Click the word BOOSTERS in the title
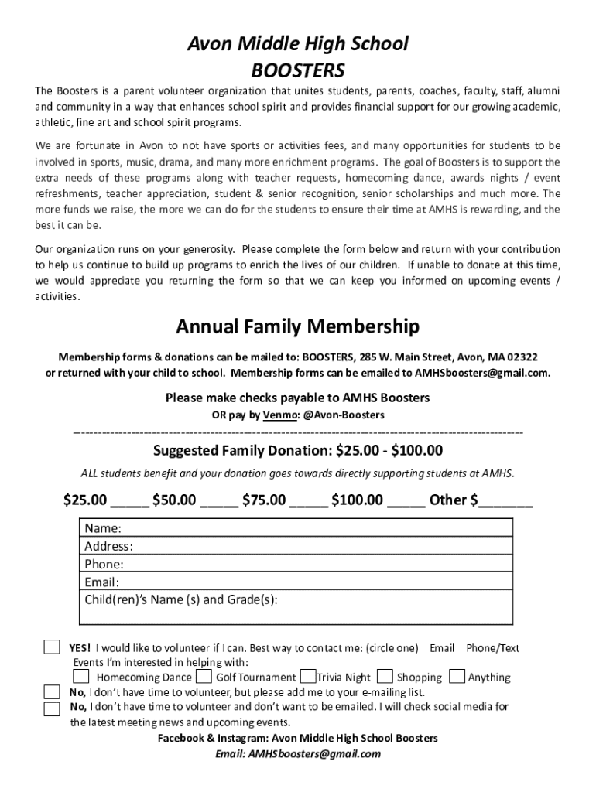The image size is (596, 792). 298,71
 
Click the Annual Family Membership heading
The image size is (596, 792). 298,327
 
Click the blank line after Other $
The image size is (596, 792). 505,500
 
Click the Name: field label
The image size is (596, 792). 103,529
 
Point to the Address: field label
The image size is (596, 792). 108,547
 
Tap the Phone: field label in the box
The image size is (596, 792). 104,565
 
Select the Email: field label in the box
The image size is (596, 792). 102,582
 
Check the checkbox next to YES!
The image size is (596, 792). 51,647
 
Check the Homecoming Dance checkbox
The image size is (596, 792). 81,676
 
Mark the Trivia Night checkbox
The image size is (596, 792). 307,676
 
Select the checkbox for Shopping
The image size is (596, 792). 385,676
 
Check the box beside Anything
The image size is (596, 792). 456,676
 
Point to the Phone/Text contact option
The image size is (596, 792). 492,648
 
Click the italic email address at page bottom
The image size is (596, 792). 298,754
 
